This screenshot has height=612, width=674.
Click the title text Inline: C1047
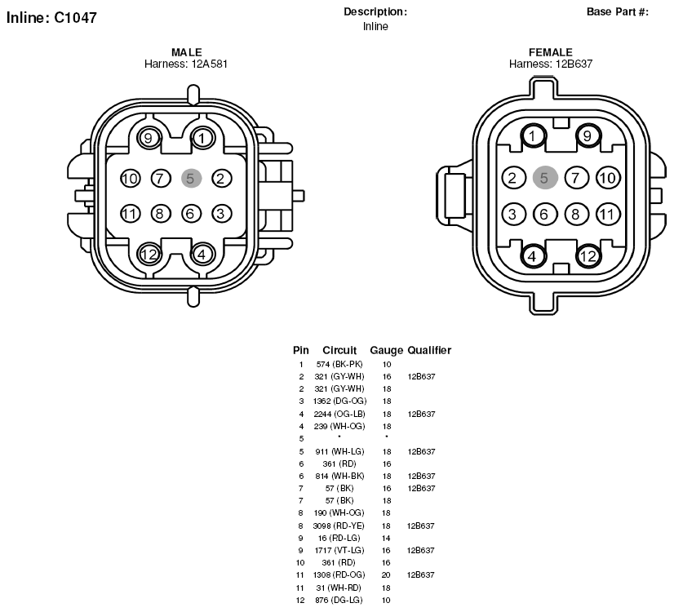tap(51, 18)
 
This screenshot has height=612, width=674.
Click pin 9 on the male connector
tap(149, 139)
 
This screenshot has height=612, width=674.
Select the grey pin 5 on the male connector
tap(191, 179)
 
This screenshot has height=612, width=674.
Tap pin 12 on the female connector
tap(588, 256)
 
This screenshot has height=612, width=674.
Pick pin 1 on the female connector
tap(533, 136)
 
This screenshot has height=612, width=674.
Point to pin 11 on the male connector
tap(131, 214)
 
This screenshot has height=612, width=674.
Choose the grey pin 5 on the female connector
tap(545, 178)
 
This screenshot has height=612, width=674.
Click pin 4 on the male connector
tap(202, 254)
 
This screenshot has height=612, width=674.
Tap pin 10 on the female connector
tap(608, 178)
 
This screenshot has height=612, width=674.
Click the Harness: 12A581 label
tap(186, 64)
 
